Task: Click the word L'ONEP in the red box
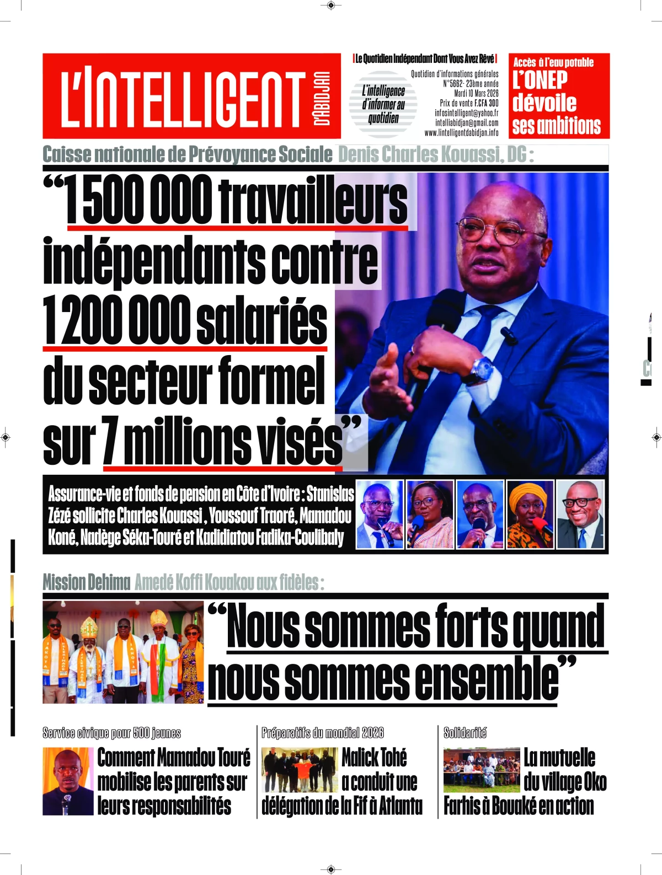point(540,80)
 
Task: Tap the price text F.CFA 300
point(486,103)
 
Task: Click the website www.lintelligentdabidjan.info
point(461,133)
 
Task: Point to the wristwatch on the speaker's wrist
point(482,369)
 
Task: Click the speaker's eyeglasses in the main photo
point(496,229)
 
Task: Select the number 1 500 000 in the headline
point(138,200)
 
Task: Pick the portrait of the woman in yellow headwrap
point(530,514)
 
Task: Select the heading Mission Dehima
point(87,582)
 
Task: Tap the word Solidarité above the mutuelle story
point(465,733)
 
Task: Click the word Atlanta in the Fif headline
point(401,806)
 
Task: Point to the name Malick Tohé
point(374,758)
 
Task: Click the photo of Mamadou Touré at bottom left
point(68,781)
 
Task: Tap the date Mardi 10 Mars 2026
point(476,93)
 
